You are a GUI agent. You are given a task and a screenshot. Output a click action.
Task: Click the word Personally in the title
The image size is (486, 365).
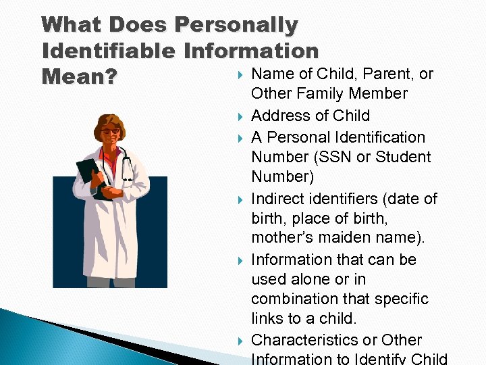[236, 25]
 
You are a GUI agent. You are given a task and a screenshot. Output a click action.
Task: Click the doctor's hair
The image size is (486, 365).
[110, 117]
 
